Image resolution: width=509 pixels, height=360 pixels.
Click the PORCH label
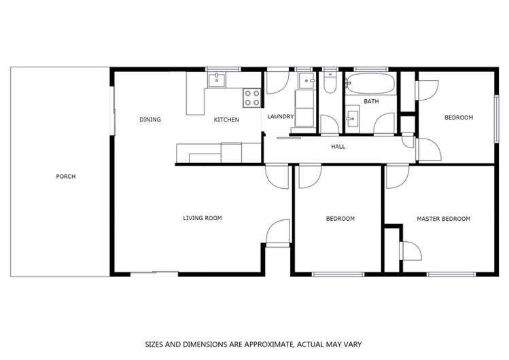tap(66, 177)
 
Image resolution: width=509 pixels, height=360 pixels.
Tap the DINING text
tap(150, 120)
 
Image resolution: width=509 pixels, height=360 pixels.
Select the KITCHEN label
tap(226, 120)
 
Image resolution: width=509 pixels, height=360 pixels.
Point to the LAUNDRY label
tap(280, 116)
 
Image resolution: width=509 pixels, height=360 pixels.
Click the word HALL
tap(338, 146)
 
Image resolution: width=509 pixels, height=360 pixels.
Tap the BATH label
tap(371, 102)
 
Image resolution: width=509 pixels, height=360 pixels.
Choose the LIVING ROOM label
tap(203, 218)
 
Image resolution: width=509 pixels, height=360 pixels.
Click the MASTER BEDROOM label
tap(443, 219)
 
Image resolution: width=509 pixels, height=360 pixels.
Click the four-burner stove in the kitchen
tap(252, 98)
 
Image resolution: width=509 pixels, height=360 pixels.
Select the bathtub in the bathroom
tap(370, 85)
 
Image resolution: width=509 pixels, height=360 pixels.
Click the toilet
tap(330, 84)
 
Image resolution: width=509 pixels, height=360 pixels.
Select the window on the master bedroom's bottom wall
tap(450, 274)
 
